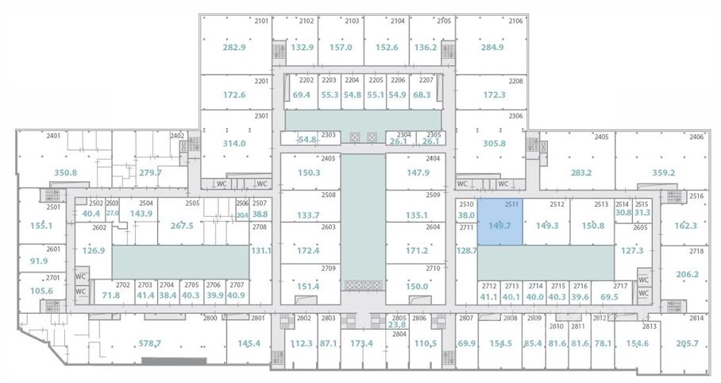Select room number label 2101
pos(261,21)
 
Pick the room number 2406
pos(696,137)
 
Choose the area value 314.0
pos(234,144)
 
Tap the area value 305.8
pos(494,144)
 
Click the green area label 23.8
pos(397,324)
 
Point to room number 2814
pos(696,318)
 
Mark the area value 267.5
pos(181,225)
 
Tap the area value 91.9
pos(39,260)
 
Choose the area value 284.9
pos(492,48)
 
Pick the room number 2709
pos(328,269)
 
